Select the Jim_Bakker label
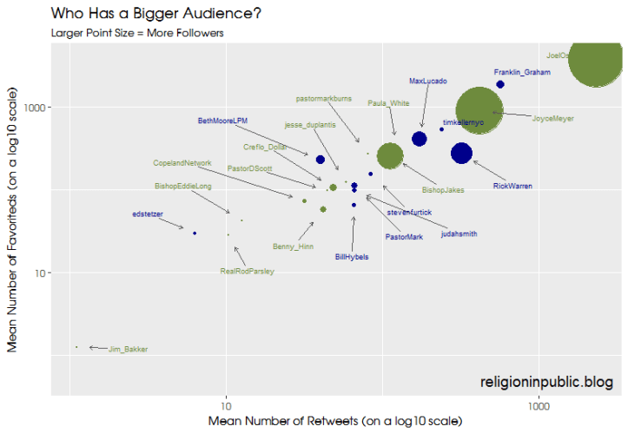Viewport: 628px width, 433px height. pyautogui.click(x=128, y=350)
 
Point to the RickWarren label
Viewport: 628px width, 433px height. pyautogui.click(x=512, y=186)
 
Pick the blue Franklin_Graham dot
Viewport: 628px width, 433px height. pyautogui.click(x=500, y=84)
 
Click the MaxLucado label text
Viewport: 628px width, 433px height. pyautogui.click(x=427, y=82)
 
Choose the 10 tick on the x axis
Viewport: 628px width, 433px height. pyautogui.click(x=226, y=406)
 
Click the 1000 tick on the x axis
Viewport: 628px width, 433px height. pyautogui.click(x=539, y=406)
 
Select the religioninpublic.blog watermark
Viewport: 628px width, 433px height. pyautogui.click(x=546, y=382)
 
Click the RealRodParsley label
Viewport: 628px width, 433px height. pyautogui.click(x=248, y=272)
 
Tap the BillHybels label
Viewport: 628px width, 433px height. pyautogui.click(x=352, y=257)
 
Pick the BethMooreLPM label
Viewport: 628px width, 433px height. pyautogui.click(x=223, y=121)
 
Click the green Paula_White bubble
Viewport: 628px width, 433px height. pyautogui.click(x=389, y=155)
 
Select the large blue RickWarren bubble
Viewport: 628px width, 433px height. pyautogui.click(x=461, y=154)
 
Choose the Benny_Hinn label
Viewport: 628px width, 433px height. pyautogui.click(x=293, y=246)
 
